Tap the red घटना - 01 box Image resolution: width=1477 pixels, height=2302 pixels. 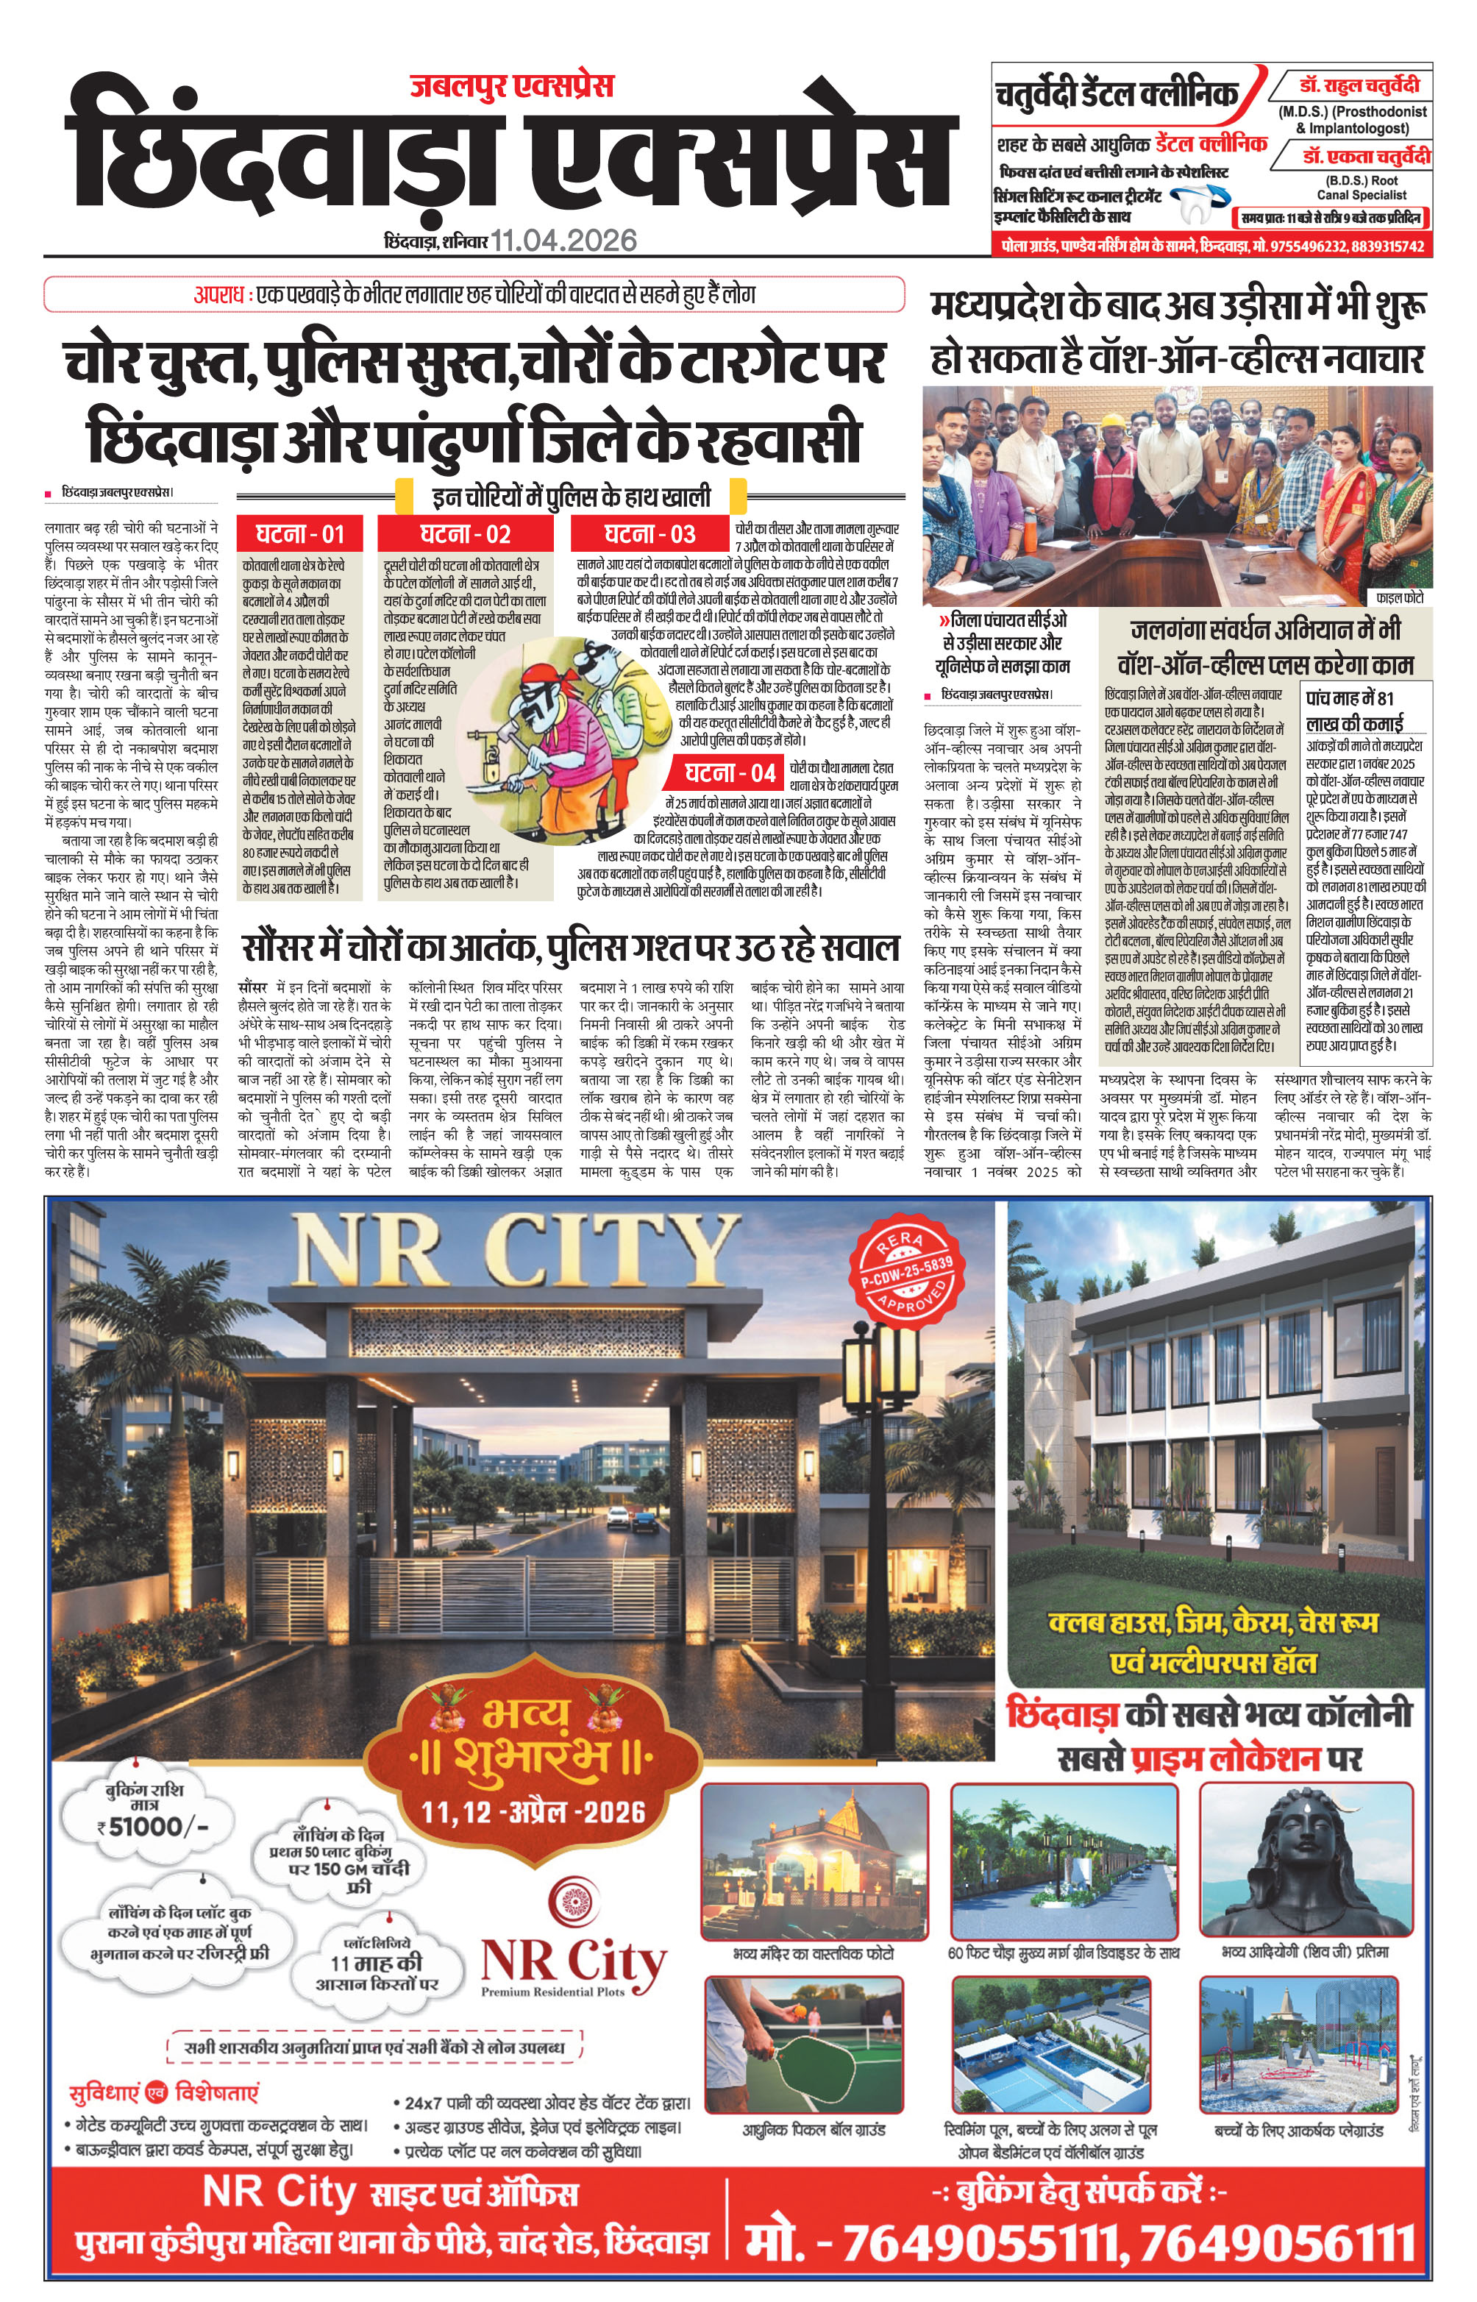[299, 534]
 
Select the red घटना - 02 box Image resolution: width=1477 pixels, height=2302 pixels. [465, 534]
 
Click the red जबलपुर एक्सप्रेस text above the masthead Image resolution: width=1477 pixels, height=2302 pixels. [511, 86]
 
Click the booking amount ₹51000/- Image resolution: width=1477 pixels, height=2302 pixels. [154, 1826]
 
